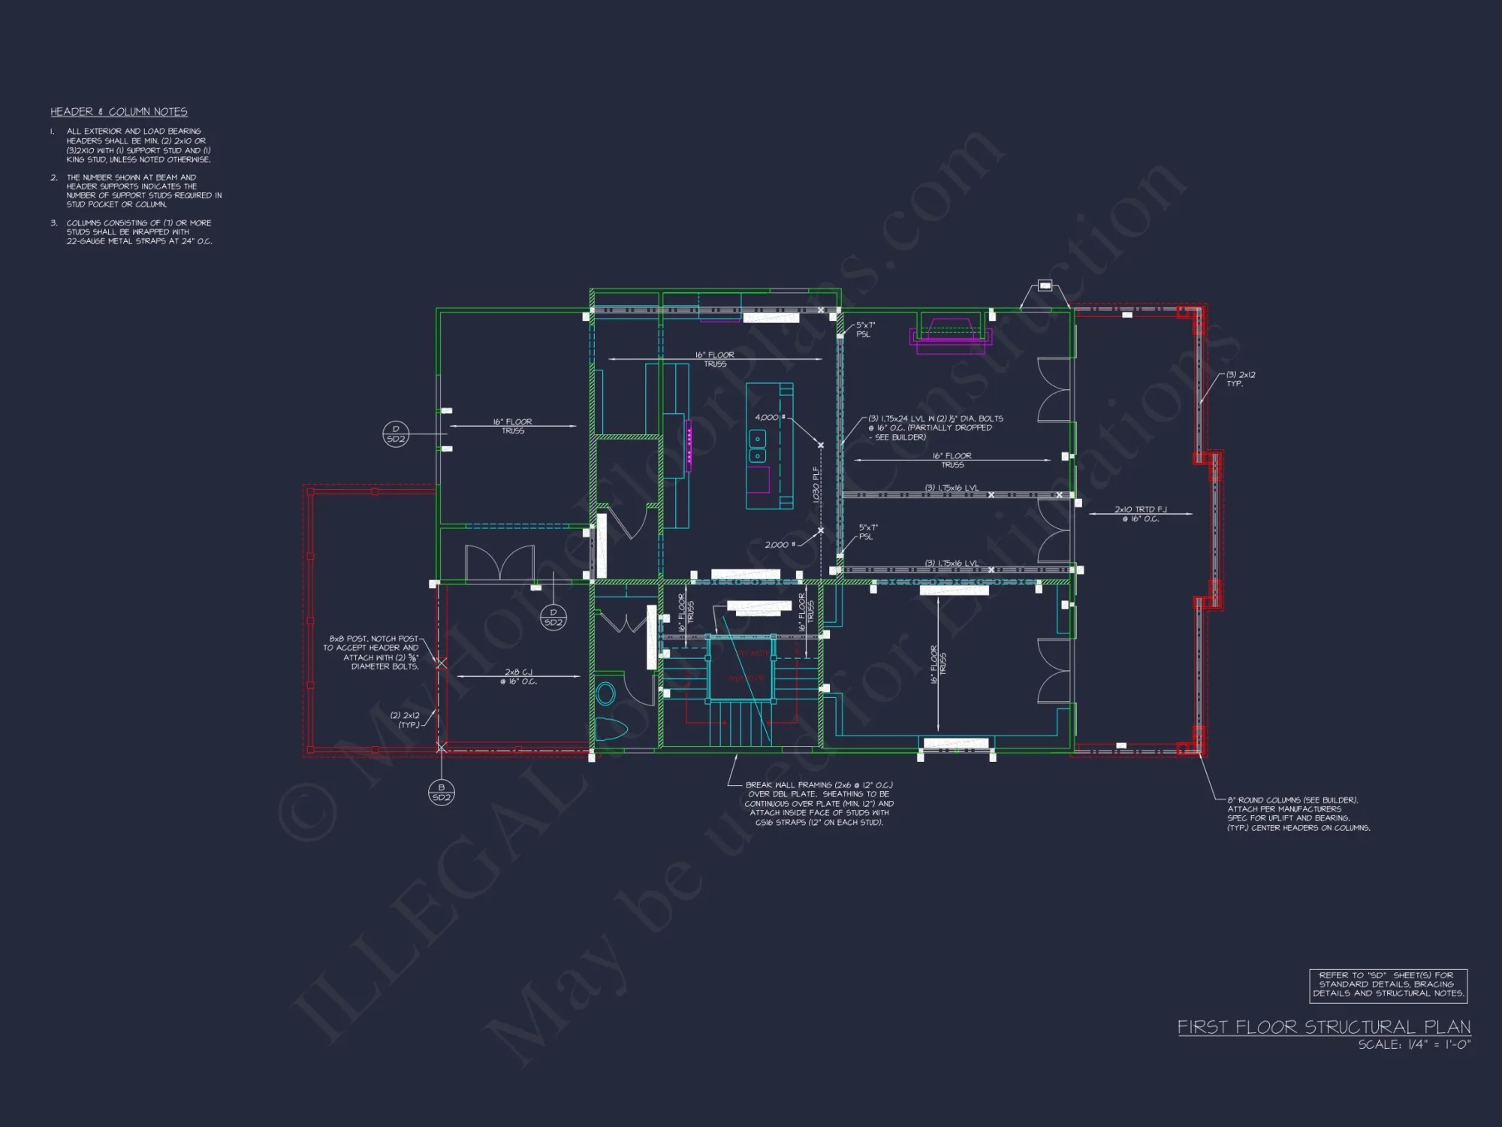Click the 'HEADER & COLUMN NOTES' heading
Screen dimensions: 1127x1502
(x=119, y=112)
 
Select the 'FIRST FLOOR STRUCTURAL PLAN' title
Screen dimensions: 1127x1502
(x=1323, y=1027)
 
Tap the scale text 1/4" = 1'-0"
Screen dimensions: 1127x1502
(x=1414, y=1044)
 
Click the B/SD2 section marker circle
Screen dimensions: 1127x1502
(x=442, y=792)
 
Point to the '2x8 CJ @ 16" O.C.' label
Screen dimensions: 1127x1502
(x=518, y=677)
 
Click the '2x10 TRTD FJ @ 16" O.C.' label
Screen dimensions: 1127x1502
(x=1140, y=514)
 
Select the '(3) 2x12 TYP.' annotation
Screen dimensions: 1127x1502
(x=1240, y=379)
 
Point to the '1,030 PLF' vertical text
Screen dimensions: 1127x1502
(x=816, y=485)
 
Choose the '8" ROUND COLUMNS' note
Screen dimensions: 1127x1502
(x=1298, y=814)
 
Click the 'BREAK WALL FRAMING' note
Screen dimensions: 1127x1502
(x=819, y=803)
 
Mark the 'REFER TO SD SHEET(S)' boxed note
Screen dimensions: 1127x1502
(x=1388, y=984)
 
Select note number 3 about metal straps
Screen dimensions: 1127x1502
(x=139, y=232)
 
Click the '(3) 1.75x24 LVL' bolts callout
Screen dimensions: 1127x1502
(x=935, y=428)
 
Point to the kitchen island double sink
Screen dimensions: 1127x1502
(x=759, y=447)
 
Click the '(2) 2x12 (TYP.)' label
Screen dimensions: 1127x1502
(x=405, y=720)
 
